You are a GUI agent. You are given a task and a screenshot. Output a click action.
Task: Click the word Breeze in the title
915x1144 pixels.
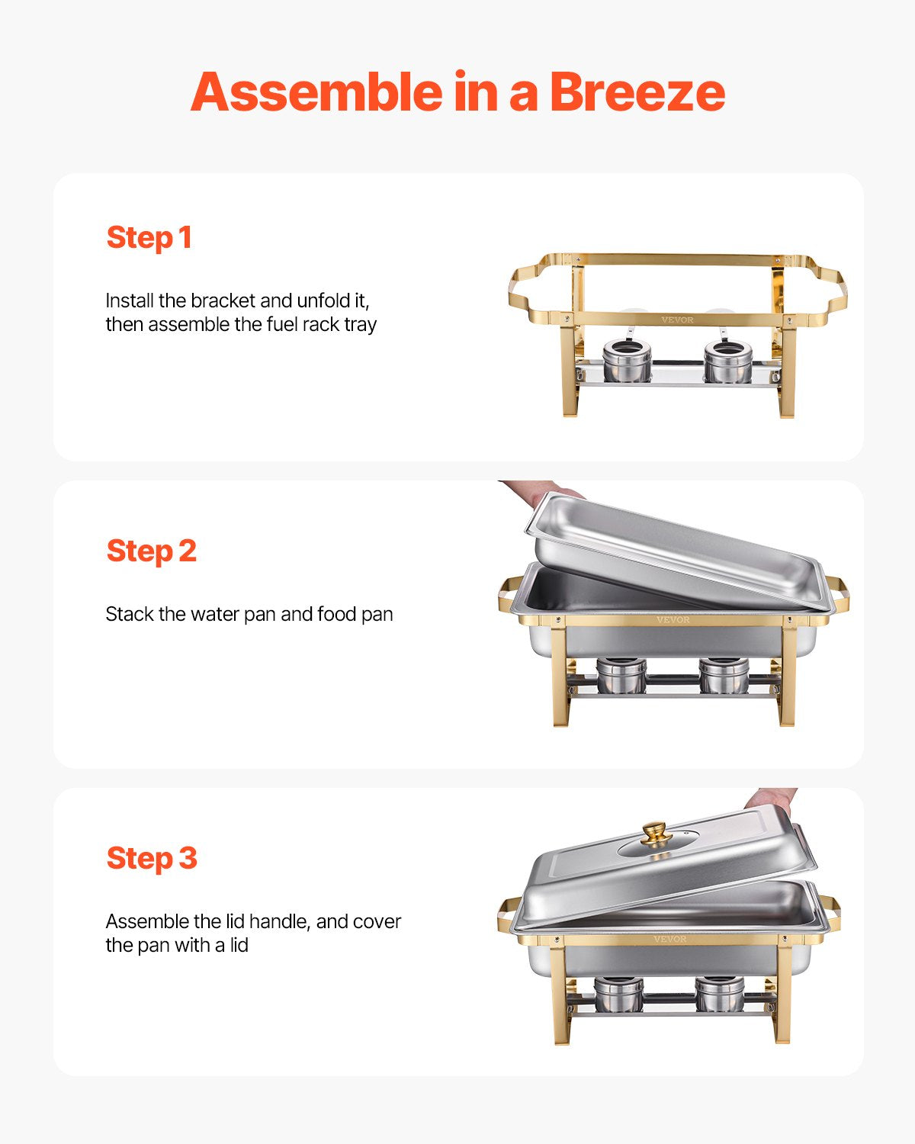(x=637, y=92)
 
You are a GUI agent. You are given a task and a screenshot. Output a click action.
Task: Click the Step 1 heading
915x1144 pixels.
(x=149, y=238)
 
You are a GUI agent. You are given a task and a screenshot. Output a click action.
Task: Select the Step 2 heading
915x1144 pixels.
(x=151, y=551)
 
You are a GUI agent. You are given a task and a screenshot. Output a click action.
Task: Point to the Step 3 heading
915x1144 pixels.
(x=151, y=858)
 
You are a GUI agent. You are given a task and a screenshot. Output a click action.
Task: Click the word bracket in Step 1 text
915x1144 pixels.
(x=222, y=300)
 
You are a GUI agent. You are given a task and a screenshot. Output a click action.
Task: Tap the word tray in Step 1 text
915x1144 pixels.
(x=360, y=325)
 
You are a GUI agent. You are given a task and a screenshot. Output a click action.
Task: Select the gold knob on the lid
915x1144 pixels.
(x=653, y=833)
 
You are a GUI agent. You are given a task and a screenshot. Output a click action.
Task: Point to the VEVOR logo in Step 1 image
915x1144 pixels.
(x=677, y=320)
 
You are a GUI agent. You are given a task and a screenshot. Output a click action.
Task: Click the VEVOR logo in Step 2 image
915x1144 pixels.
(x=673, y=620)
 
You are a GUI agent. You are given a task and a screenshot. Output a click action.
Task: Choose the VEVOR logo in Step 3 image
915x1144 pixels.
(x=669, y=939)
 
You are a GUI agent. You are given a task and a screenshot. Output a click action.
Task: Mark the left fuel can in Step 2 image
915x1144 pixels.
(x=621, y=676)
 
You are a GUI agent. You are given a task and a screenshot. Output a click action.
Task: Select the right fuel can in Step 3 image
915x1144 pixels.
(x=719, y=994)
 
